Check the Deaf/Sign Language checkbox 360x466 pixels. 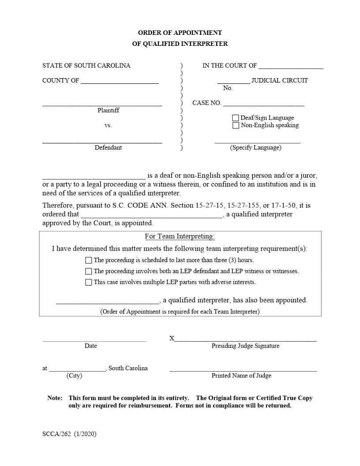pos(236,118)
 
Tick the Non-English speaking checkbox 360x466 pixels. pos(236,125)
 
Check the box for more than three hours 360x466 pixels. pos(89,260)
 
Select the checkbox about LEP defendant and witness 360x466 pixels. pos(89,271)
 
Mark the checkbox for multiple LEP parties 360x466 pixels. pos(89,282)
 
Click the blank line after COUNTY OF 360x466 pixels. pos(120,81)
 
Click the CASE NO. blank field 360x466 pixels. pos(263,103)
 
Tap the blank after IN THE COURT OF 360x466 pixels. pos(291,66)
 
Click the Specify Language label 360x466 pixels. pos(255,148)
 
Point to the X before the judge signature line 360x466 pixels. pos(172,338)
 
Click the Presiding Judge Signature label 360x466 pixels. pos(245,346)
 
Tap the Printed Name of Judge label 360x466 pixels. pos(241,376)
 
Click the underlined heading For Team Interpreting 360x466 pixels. pos(180,237)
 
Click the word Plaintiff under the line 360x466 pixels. pos(109,110)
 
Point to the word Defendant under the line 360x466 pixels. pos(108,148)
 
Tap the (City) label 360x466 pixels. pos(74,376)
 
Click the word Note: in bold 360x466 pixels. pos(55,398)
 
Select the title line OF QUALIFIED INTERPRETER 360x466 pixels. pos(180,44)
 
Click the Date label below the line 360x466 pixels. pos(91,346)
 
